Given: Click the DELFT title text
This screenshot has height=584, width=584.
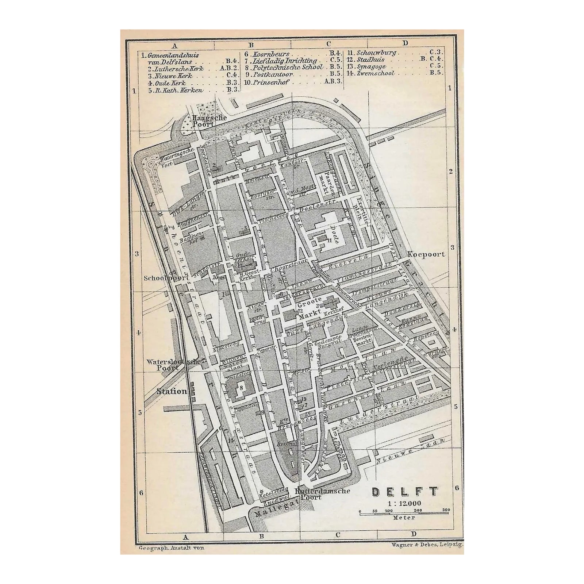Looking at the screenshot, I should pyautogui.click(x=405, y=492).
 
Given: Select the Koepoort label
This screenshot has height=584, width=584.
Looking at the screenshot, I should pyautogui.click(x=426, y=254).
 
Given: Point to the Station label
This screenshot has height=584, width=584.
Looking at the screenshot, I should pyautogui.click(x=172, y=392).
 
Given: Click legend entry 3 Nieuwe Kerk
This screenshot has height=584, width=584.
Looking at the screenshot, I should pyautogui.click(x=175, y=76).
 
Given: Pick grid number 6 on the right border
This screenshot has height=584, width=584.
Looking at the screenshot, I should pyautogui.click(x=456, y=488).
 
